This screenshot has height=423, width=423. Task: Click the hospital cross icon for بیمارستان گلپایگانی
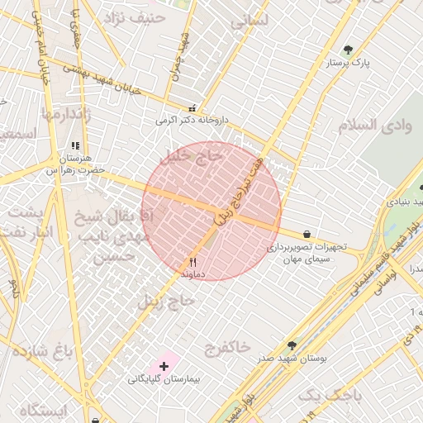pyautogui.click(x=164, y=365)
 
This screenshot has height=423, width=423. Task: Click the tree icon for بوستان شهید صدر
pyautogui.click(x=291, y=345)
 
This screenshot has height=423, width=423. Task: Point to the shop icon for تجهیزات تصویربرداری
pyautogui.click(x=307, y=235)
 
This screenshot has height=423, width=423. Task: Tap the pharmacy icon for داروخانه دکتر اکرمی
pyautogui.click(x=192, y=107)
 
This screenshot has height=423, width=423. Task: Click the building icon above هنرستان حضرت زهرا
pyautogui.click(x=77, y=145)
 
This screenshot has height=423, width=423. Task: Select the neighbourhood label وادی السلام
pyautogui.click(x=374, y=126)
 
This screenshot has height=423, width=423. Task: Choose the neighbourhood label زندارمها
pyautogui.click(x=64, y=113)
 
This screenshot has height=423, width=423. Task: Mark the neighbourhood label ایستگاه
pyautogui.click(x=40, y=411)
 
